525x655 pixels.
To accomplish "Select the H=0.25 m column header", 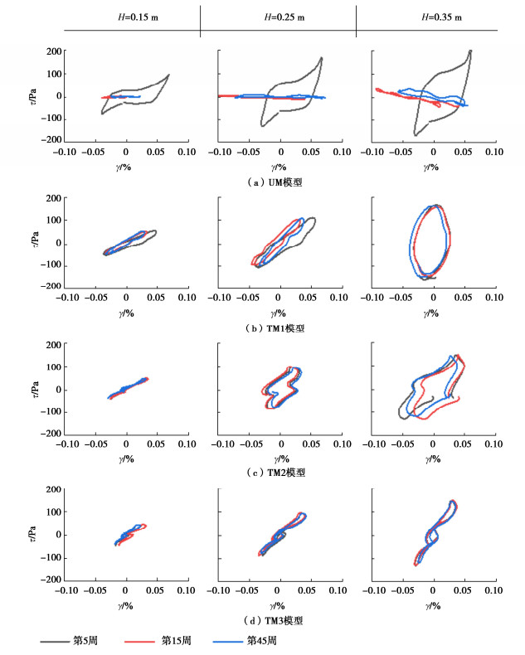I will tap(280, 17).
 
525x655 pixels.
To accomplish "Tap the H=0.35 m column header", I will tap(434, 17).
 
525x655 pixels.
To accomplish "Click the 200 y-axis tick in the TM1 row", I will tap(53, 198).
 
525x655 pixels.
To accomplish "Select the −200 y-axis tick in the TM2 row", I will tap(51, 434).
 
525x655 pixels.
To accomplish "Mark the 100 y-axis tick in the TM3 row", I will tap(53, 512).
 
